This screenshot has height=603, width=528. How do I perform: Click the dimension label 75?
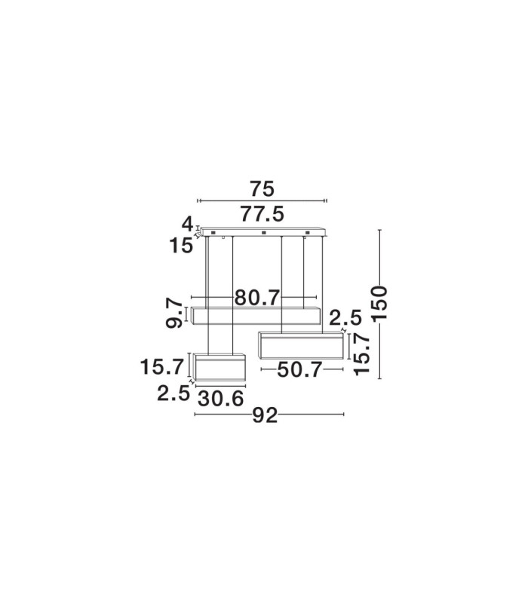click(262, 189)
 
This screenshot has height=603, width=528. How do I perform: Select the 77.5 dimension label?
click(262, 214)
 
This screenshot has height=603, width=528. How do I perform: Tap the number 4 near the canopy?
click(187, 223)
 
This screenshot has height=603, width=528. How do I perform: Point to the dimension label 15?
click(181, 246)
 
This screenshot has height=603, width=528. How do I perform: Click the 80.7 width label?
click(256, 297)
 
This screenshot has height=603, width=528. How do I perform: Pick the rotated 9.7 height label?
click(174, 313)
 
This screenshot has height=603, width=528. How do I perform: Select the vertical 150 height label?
click(379, 304)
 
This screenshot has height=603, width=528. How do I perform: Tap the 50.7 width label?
click(299, 370)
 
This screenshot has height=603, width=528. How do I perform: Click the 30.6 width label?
click(221, 399)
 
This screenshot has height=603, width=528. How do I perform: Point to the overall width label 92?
click(265, 415)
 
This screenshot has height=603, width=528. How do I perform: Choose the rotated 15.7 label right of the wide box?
click(362, 354)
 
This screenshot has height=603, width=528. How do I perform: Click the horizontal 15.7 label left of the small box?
click(161, 367)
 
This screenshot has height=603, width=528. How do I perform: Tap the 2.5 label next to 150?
click(345, 317)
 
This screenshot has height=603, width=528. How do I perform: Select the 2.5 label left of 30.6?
click(173, 393)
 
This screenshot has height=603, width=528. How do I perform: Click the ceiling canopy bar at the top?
click(262, 232)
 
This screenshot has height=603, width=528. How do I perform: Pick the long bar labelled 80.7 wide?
click(256, 316)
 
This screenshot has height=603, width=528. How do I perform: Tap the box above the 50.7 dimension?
click(300, 345)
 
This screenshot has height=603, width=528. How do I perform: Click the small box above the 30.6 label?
click(219, 367)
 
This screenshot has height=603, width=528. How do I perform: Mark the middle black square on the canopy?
click(263, 233)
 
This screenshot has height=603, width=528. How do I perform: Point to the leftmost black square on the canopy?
click(213, 233)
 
